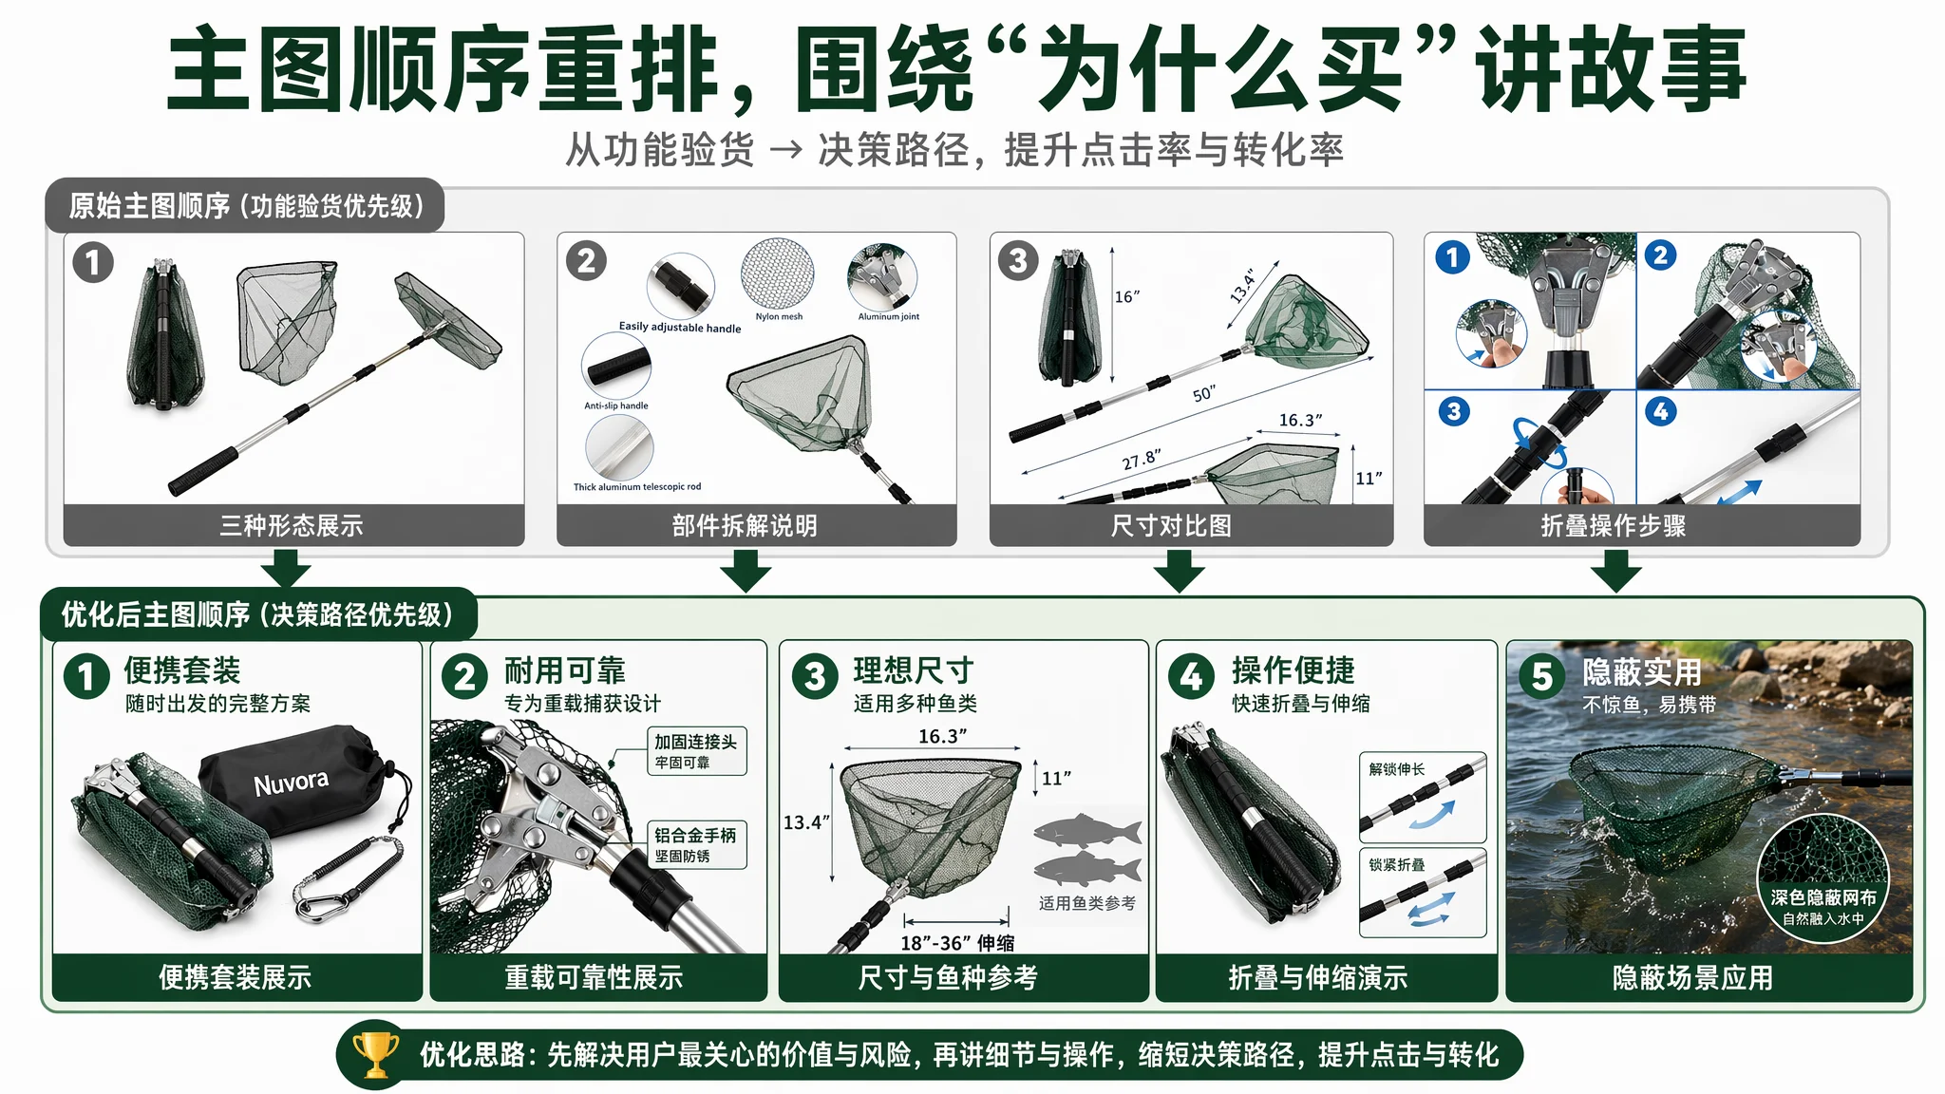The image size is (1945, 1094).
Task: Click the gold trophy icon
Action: (x=376, y=1055)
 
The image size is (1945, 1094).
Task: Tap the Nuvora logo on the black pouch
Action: (x=291, y=783)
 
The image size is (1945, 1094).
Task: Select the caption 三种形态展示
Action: (x=292, y=525)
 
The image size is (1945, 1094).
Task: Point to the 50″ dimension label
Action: (x=1204, y=394)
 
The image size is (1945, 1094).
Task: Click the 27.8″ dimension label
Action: (x=1142, y=460)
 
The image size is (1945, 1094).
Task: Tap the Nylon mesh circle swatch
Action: (x=778, y=273)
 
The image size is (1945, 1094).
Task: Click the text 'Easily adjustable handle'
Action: (x=680, y=328)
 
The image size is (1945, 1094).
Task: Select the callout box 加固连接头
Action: (x=697, y=751)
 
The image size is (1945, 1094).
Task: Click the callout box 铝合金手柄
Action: (x=697, y=844)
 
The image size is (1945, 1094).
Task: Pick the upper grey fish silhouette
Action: (x=1086, y=832)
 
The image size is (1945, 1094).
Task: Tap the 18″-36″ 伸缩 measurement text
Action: (x=957, y=942)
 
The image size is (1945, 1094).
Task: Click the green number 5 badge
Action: (x=1542, y=676)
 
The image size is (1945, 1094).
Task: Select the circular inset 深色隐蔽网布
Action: (x=1822, y=877)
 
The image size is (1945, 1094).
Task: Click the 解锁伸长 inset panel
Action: (x=1423, y=798)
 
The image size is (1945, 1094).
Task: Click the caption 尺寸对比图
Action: (x=1171, y=525)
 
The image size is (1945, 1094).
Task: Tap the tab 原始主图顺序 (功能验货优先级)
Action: (x=245, y=205)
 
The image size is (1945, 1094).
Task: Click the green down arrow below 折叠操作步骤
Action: (x=1615, y=572)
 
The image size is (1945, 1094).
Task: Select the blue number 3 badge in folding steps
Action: (x=1454, y=411)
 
